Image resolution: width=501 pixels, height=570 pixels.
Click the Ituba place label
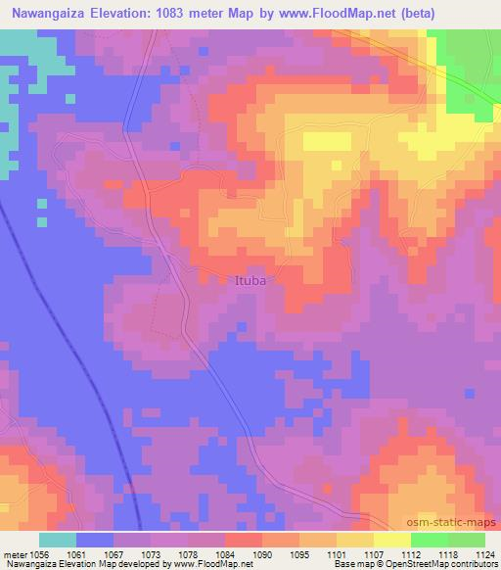tap(251, 280)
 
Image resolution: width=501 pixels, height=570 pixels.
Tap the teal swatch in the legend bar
tap(58, 540)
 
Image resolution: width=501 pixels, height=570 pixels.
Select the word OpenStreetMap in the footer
tap(438, 564)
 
